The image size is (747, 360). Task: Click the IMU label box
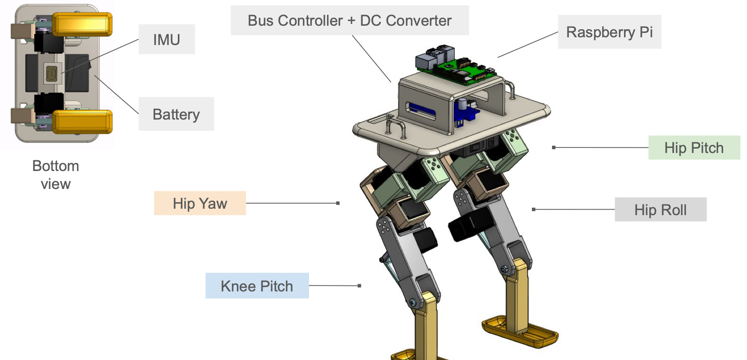pos(167,39)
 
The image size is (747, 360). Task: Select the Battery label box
pos(176,114)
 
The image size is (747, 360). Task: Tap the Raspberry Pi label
pos(609,32)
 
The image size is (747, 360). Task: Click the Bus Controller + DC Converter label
pos(349,21)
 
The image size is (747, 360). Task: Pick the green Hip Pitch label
pos(694,148)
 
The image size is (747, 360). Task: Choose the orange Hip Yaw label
pos(200,203)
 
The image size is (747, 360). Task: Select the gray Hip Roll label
pos(660,210)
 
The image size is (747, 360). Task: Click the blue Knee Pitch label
pos(257,286)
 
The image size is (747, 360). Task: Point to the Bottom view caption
pos(56,175)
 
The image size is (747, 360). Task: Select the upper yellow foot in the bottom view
pos(82,24)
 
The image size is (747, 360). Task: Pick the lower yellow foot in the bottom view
pos(82,122)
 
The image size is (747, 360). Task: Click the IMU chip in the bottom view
pos(52,73)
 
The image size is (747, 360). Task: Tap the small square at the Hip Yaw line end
pos(338,203)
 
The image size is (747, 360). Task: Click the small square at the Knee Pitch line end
pos(359,285)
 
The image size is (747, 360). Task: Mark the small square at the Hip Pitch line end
pos(554,147)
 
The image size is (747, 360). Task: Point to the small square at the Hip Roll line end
pos(534,210)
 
